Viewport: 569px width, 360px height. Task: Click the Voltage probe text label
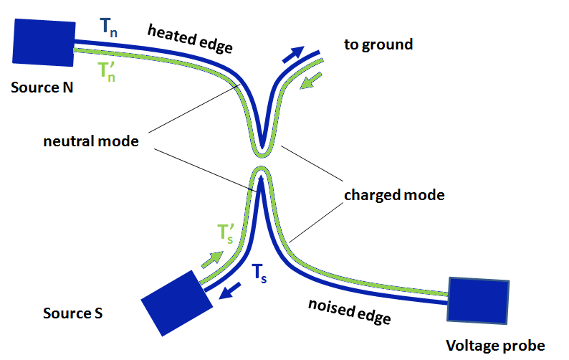tap(495, 346)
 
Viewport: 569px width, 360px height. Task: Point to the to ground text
tap(378, 44)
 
